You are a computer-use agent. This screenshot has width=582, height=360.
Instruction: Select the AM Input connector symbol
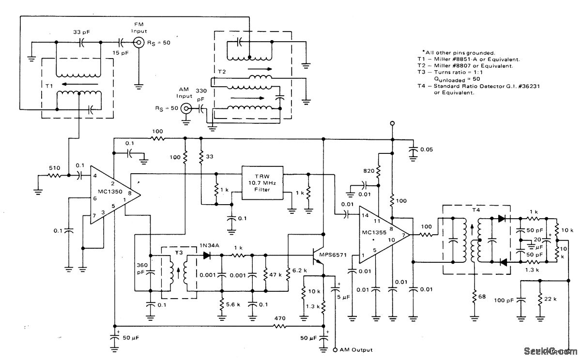[185, 108]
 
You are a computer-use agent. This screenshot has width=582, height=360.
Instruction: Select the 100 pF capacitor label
[504, 301]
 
